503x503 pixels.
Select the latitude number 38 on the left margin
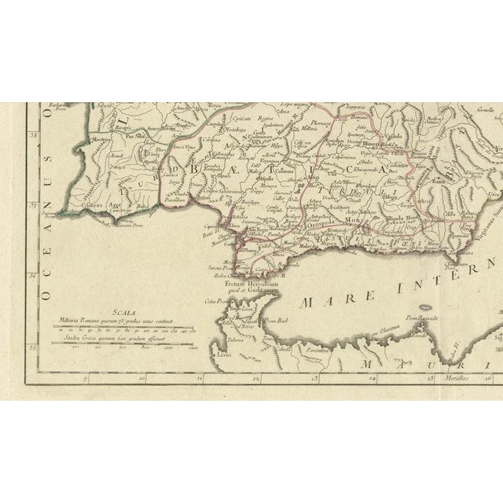(32, 135)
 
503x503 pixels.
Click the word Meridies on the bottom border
(453, 378)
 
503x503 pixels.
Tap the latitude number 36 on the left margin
(32, 275)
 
